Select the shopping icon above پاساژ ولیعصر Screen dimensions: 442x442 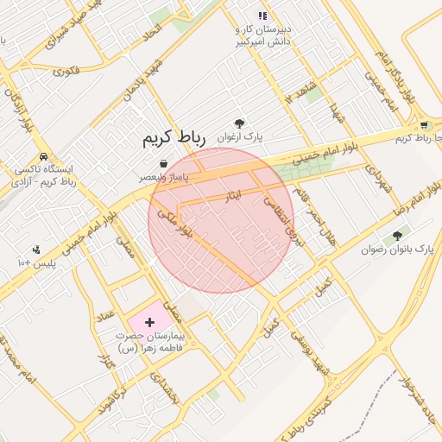coord(164,163)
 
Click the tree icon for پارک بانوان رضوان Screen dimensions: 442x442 coord(397,235)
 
